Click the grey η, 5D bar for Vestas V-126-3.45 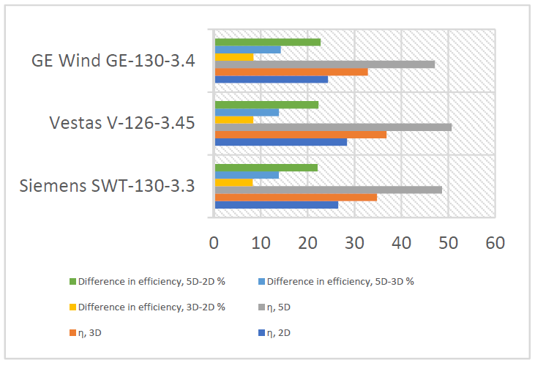click(333, 127)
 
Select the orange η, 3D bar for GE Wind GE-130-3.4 click(291, 72)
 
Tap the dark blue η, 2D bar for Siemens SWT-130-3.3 click(276, 205)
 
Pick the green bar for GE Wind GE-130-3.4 click(267, 42)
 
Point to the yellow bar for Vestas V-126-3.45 click(233, 119)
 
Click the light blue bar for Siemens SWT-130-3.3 click(246, 175)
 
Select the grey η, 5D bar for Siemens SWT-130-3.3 click(328, 190)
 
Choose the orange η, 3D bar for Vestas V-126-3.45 click(300, 135)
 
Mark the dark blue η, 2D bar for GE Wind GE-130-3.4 click(271, 79)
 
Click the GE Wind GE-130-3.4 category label click(113, 61)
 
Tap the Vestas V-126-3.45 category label click(121, 122)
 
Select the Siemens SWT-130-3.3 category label click(107, 184)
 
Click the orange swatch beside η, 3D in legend click(72, 332)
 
